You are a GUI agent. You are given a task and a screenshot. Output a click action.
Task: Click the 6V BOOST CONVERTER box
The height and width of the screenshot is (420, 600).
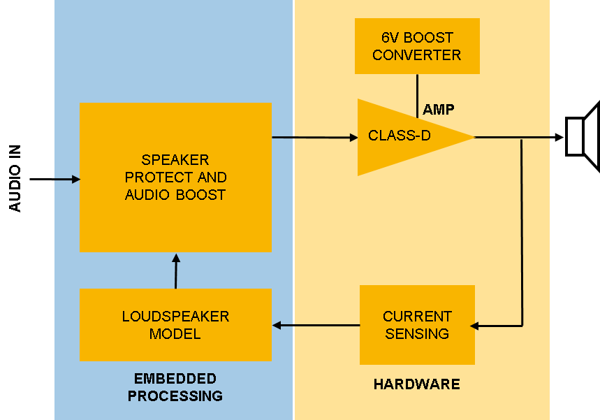(x=417, y=46)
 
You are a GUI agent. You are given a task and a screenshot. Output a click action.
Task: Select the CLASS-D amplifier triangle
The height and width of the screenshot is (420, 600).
(x=405, y=137)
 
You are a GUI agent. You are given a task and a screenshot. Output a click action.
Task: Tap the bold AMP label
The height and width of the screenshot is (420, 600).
(x=438, y=109)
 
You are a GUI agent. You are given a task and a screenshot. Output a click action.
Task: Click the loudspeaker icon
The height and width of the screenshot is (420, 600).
(x=583, y=136)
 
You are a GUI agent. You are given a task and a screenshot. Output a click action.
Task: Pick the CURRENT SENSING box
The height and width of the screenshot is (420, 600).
(x=417, y=325)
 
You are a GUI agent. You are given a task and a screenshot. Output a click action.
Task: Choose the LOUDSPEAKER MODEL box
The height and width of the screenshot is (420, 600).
(x=175, y=325)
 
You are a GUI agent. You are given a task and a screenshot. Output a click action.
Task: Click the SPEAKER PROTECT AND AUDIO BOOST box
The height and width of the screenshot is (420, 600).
(x=175, y=178)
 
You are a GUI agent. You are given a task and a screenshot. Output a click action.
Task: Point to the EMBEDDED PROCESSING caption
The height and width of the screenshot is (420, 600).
(x=175, y=387)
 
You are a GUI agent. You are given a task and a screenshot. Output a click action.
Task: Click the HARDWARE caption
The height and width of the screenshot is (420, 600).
(x=416, y=384)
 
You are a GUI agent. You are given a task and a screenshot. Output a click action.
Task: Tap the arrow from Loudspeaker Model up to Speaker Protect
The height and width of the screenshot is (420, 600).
(x=175, y=271)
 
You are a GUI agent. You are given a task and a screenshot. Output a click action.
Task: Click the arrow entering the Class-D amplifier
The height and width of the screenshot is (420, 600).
(x=314, y=138)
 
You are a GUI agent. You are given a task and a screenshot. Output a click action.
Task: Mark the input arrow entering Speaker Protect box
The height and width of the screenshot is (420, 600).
(x=68, y=180)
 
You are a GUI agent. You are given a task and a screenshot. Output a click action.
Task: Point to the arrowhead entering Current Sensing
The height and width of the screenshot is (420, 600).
(x=475, y=326)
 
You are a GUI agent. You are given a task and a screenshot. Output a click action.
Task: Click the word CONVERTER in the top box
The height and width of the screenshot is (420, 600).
(x=417, y=55)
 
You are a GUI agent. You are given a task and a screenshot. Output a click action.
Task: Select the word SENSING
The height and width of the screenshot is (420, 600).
(x=417, y=334)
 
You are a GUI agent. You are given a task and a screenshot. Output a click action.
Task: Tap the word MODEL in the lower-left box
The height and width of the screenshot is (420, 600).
(x=175, y=334)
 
